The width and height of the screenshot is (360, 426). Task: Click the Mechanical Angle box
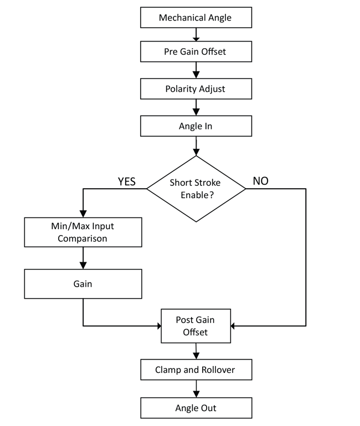[196, 18]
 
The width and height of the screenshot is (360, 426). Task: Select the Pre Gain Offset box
[196, 53]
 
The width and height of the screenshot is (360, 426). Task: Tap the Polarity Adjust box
[196, 89]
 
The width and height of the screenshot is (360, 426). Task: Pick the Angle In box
[196, 126]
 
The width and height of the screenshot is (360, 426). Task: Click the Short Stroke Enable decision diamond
[196, 189]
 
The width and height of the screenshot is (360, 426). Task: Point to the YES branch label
[127, 181]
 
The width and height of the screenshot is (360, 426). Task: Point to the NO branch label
[260, 181]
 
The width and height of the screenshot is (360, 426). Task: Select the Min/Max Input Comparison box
[83, 232]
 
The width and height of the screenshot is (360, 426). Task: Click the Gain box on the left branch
[83, 284]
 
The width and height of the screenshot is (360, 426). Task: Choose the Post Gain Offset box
[196, 326]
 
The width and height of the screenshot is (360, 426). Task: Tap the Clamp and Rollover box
[196, 369]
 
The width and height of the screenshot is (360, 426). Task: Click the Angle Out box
[196, 408]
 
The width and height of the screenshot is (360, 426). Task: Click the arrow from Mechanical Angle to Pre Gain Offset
[196, 35]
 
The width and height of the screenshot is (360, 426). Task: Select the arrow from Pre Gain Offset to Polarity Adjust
[196, 70]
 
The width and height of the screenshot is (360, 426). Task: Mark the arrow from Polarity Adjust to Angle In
[196, 107]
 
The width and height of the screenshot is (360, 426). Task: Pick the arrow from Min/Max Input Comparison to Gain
[83, 258]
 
